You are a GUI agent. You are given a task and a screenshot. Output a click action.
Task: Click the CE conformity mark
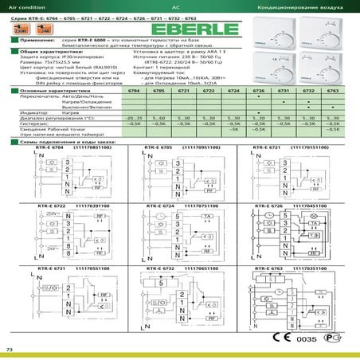[280, 338]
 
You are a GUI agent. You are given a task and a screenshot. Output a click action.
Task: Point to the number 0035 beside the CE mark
[307, 340]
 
